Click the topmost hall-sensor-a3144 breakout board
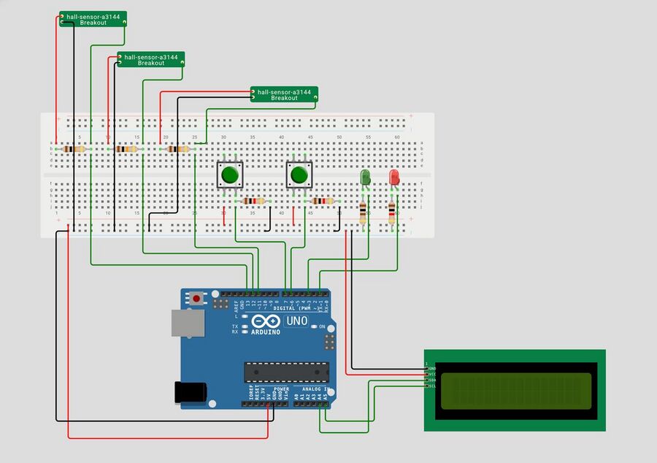93,19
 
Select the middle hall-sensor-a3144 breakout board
151,60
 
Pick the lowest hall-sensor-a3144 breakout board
284,94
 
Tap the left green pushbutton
230,175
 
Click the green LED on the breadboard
366,177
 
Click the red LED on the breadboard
394,177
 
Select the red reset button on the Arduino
196,298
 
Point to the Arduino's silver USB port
187,323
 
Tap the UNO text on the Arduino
297,321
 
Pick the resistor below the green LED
364,213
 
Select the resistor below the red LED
392,213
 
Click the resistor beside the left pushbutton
253,201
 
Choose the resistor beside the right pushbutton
322,201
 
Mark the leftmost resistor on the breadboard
74,149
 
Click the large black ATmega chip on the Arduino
286,372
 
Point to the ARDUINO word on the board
266,332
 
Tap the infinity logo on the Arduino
266,321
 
